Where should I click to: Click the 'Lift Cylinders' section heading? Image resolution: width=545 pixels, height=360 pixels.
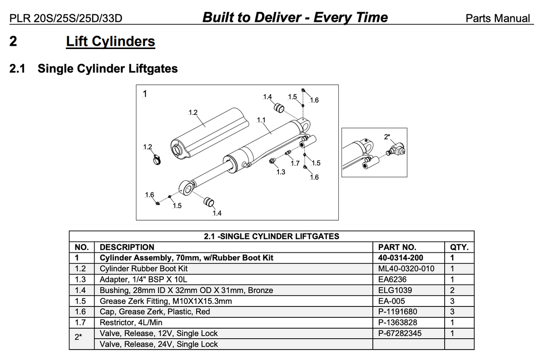click(x=110, y=42)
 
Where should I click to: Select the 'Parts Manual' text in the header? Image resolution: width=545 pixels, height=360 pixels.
click(x=498, y=19)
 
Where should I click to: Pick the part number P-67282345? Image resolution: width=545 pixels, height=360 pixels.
click(x=400, y=333)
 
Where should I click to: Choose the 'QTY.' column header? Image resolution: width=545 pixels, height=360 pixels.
click(x=459, y=247)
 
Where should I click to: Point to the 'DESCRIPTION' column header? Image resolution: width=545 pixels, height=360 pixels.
click(x=127, y=247)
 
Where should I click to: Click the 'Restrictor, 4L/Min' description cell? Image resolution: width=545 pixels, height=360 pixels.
click(x=131, y=322)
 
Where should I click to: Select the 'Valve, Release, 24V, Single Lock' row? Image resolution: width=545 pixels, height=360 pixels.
click(x=159, y=344)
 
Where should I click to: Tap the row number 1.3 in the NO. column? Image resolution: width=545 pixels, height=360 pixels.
click(x=80, y=280)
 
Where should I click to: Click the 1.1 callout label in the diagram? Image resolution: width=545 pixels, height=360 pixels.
click(x=261, y=120)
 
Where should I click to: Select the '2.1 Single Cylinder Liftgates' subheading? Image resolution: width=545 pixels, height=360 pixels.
click(x=94, y=69)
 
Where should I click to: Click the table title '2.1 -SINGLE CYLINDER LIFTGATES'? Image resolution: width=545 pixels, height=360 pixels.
click(x=271, y=237)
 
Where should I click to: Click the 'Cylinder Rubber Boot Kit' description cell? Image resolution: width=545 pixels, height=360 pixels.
click(x=144, y=269)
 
